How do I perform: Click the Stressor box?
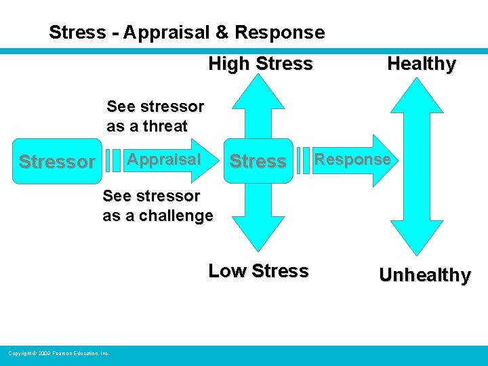click(x=57, y=162)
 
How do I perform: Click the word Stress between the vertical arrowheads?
click(x=258, y=161)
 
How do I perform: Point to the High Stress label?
click(x=260, y=64)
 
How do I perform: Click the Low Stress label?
click(x=258, y=270)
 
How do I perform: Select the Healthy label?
click(x=421, y=64)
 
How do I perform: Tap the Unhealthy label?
click(x=424, y=275)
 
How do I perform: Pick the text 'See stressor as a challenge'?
click(x=157, y=206)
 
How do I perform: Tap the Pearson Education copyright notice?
click(x=59, y=353)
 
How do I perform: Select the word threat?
click(x=166, y=125)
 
